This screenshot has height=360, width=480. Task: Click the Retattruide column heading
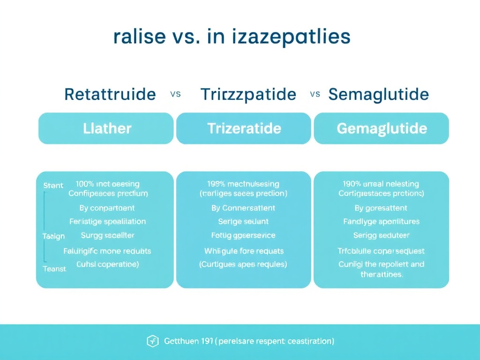pyautogui.click(x=110, y=95)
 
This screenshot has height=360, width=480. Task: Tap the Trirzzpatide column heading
pyautogui.click(x=248, y=95)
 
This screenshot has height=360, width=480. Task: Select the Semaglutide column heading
pyautogui.click(x=379, y=95)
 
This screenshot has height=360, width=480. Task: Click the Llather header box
pyautogui.click(x=107, y=128)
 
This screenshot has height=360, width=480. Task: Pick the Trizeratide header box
pyautogui.click(x=244, y=128)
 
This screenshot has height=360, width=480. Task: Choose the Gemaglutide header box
pyautogui.click(x=382, y=128)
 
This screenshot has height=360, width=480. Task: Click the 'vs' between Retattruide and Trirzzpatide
pyautogui.click(x=175, y=94)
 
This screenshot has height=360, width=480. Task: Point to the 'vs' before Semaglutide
pyautogui.click(x=315, y=94)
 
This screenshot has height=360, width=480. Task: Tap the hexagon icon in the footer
pyautogui.click(x=153, y=341)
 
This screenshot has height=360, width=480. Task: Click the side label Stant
pyautogui.click(x=53, y=186)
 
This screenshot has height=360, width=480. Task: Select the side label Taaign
pyautogui.click(x=53, y=236)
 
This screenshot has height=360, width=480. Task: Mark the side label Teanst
pyautogui.click(x=54, y=269)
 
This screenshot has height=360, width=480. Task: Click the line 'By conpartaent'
pyautogui.click(x=107, y=208)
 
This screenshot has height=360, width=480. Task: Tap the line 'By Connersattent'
pyautogui.click(x=243, y=208)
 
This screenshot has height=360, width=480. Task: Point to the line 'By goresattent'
pyautogui.click(x=381, y=208)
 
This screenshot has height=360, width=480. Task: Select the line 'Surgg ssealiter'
pyautogui.click(x=107, y=235)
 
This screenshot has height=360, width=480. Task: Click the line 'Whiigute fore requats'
pyautogui.click(x=244, y=251)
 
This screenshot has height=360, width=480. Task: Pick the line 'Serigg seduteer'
pyautogui.click(x=381, y=235)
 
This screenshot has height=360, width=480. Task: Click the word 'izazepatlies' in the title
pyautogui.click(x=291, y=37)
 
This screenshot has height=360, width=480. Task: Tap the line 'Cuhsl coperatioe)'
pyautogui.click(x=107, y=264)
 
